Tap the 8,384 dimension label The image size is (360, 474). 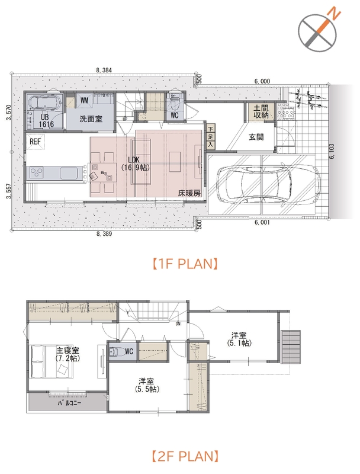point(104,70)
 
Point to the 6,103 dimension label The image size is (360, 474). point(332,151)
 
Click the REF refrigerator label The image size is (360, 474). point(35,141)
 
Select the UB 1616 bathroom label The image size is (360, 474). point(46,121)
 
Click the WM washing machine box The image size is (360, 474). point(85,100)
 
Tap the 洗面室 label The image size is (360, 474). point(91,118)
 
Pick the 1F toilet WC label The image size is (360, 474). point(175,115)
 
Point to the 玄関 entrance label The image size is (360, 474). point(256,137)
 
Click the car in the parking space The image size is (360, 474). point(268,184)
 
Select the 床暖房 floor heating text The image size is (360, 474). point(189,193)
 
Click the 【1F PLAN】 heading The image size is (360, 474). point(184,264)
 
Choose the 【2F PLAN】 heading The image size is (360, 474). point(184,456)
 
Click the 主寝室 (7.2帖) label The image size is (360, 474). point(67,354)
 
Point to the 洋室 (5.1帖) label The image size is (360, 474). point(239,339)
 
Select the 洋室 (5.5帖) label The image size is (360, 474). point(147,385)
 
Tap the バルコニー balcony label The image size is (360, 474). point(69,403)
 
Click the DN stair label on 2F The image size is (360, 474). point(178,324)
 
